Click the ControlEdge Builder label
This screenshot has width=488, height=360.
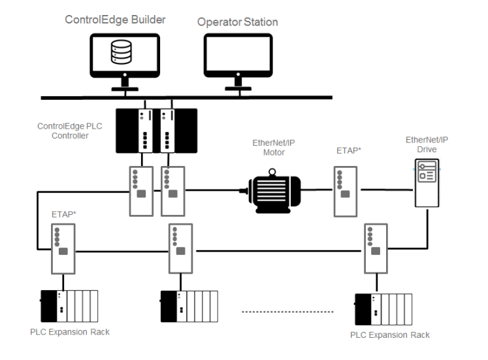(115, 20)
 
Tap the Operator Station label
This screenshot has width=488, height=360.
(238, 22)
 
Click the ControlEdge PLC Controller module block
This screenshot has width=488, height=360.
(156, 131)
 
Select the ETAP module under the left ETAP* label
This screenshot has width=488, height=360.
(63, 249)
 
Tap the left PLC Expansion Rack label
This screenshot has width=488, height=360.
(70, 332)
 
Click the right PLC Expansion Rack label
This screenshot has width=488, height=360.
(390, 335)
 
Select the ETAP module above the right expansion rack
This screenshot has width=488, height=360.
(376, 249)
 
